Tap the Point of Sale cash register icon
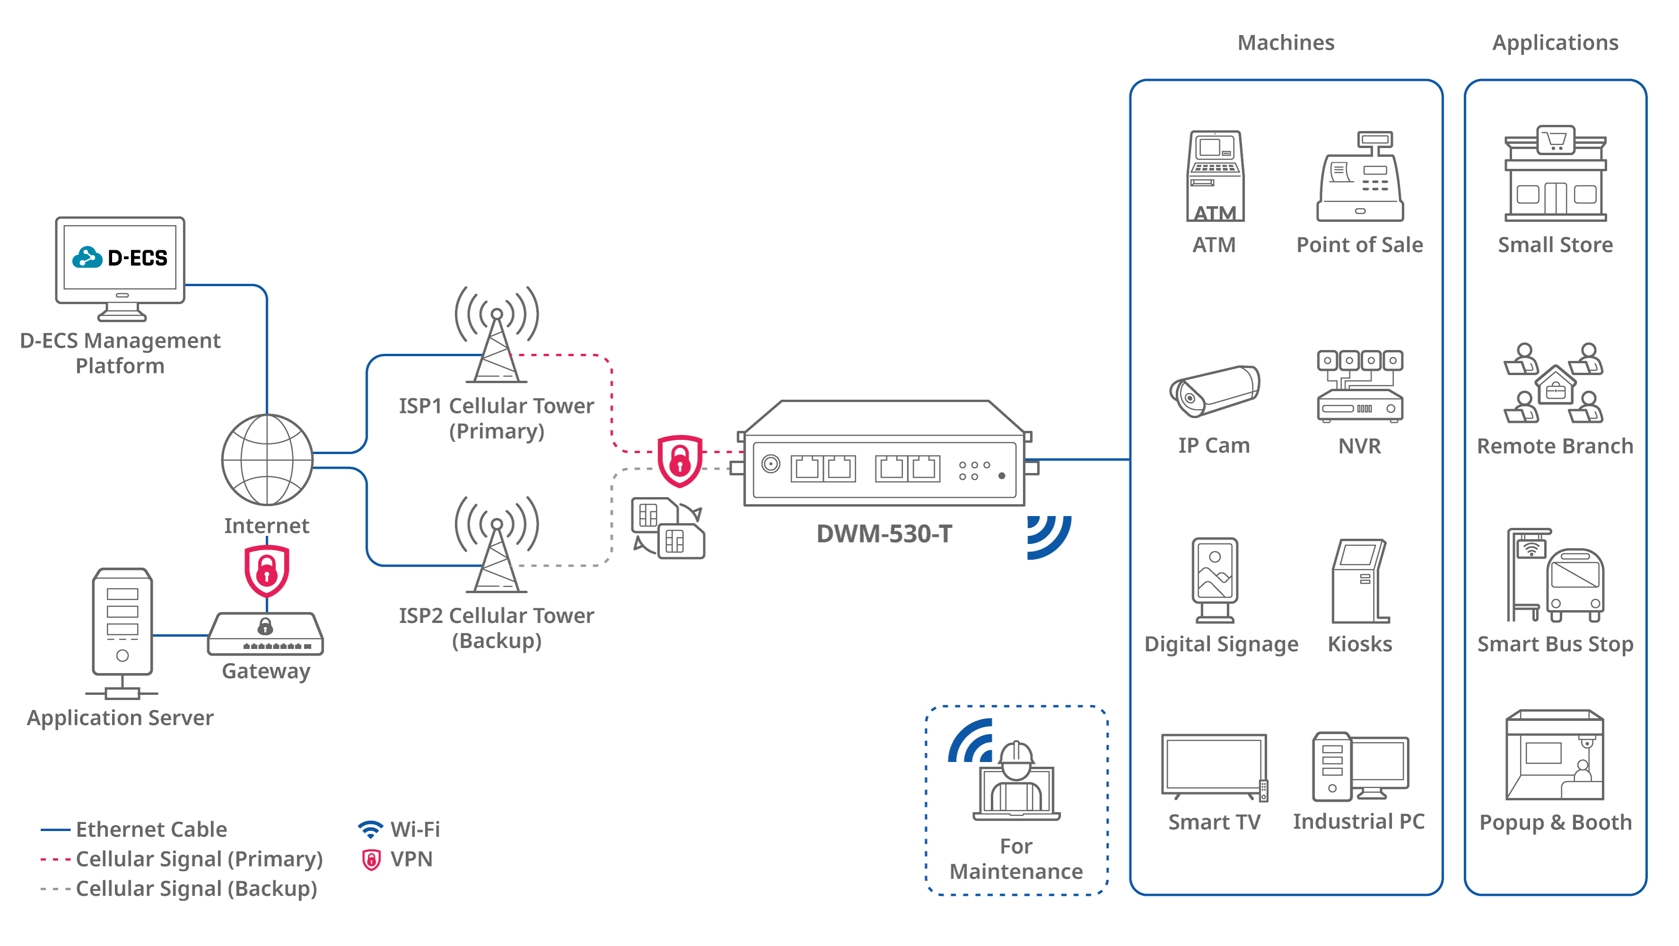click(1360, 177)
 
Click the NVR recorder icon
click(1360, 387)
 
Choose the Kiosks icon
click(1360, 581)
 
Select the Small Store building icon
click(1555, 174)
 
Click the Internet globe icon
click(267, 460)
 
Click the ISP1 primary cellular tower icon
click(496, 336)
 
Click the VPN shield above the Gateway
click(267, 571)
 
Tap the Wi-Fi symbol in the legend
click(370, 829)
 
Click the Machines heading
click(1286, 43)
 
